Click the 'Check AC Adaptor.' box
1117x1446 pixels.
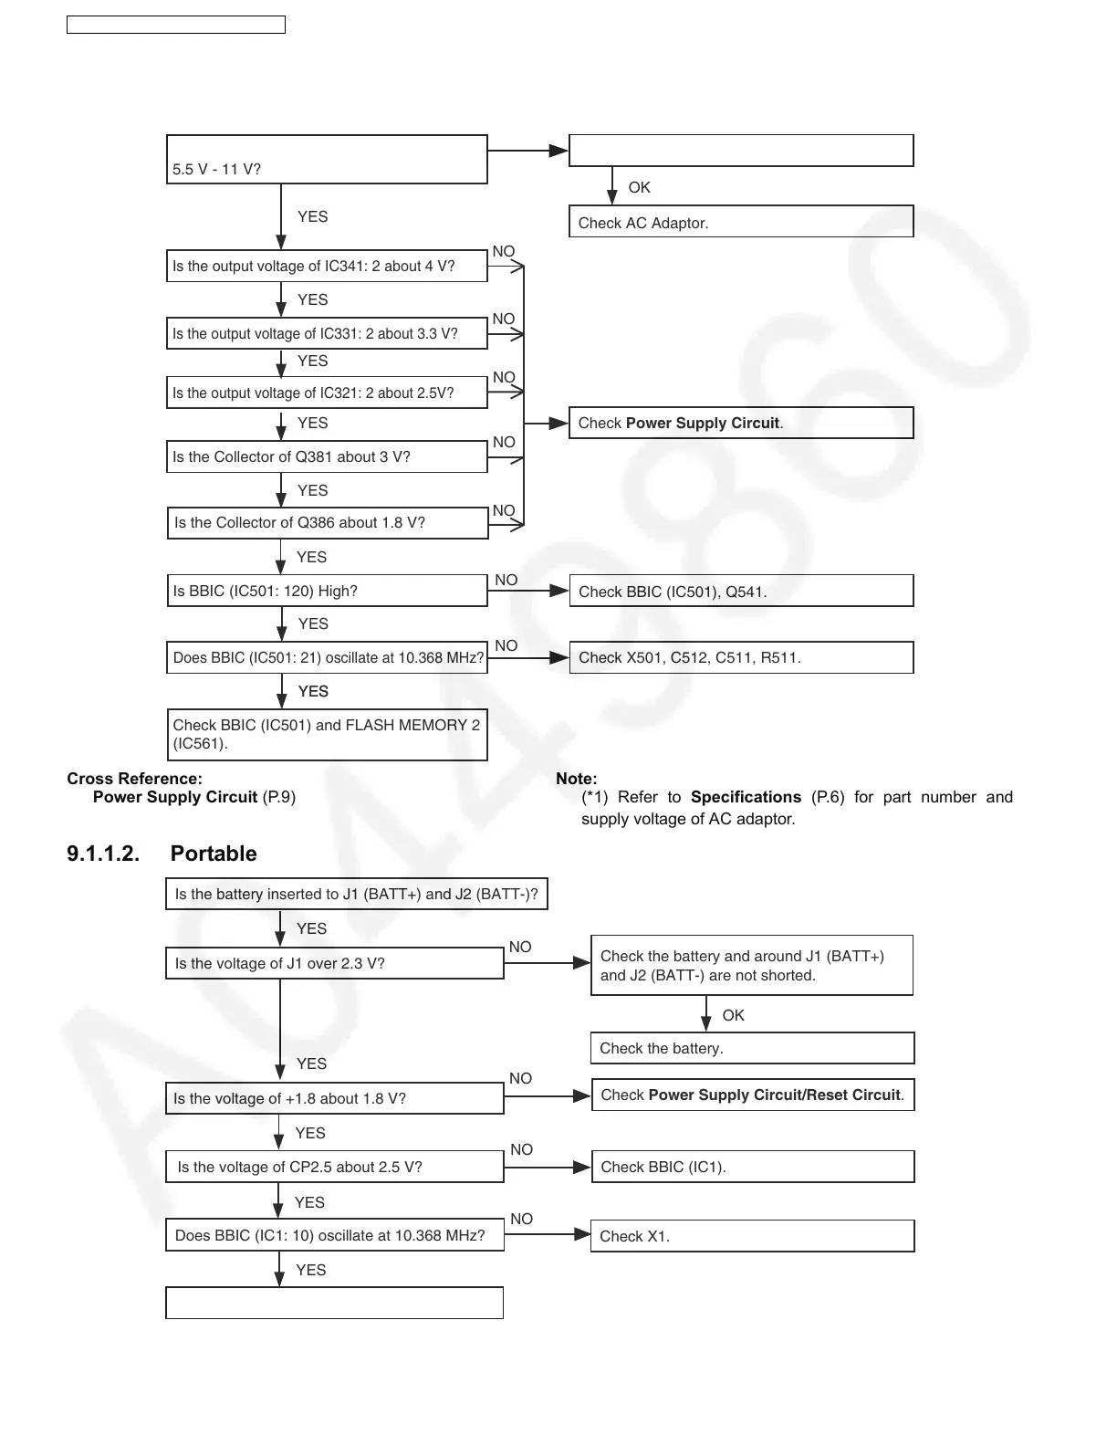[740, 222]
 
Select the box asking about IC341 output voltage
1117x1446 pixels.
[326, 266]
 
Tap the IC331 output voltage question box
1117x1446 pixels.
[326, 333]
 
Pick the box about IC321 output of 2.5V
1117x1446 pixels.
[326, 393]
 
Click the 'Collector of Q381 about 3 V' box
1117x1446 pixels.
[326, 456]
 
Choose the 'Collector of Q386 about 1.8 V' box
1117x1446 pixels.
[327, 522]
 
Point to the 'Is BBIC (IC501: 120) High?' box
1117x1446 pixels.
[326, 591]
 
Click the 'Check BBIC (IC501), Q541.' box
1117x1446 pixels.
[740, 591]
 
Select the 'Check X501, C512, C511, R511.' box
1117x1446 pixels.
[740, 657]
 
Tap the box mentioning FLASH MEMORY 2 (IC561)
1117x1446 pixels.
[326, 734]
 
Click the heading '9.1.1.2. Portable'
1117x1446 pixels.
[162, 854]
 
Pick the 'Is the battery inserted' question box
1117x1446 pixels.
[356, 894]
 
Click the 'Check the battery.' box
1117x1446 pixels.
[751, 1048]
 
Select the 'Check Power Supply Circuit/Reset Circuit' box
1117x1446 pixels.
[752, 1095]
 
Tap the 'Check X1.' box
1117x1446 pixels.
[751, 1236]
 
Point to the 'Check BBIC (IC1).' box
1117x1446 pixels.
[752, 1167]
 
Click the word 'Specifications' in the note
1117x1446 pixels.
[746, 797]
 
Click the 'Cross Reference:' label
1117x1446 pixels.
[134, 779]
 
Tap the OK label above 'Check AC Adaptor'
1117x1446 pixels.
[639, 187]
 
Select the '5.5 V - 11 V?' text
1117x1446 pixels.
[216, 169]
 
